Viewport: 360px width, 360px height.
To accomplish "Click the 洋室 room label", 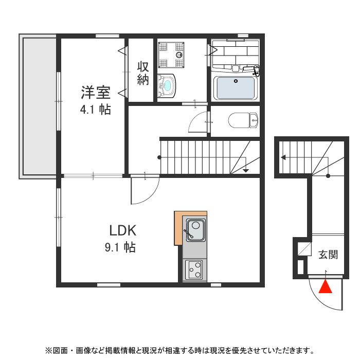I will pos(95,93).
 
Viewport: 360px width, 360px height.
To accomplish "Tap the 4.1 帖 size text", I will pos(95,109).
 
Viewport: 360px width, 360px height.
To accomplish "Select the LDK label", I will pos(121,230).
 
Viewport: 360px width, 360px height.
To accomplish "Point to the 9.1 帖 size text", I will pos(120,248).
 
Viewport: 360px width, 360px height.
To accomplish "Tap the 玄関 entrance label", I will pos(328,254).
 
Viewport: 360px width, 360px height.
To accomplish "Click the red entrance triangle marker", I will pos(326,287).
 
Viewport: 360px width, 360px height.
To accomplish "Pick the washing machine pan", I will pos(171,54).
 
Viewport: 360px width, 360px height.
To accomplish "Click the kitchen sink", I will pos(195,229).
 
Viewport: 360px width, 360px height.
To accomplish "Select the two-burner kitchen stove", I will pos(194,269).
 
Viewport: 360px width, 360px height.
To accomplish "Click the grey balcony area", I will pos(38,105).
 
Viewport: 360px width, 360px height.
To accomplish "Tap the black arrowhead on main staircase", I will pos(246,170).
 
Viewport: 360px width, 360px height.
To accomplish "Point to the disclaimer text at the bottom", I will pos(179,351).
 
